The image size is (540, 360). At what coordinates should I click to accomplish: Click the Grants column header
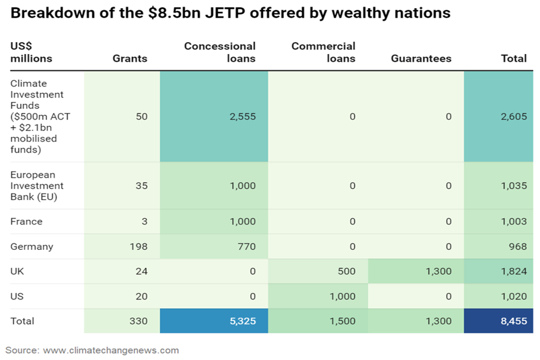tap(130, 58)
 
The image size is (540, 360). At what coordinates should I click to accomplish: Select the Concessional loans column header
tap(220, 52)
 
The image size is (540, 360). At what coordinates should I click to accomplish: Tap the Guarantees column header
tap(421, 58)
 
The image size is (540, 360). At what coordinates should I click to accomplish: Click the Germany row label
tap(32, 247)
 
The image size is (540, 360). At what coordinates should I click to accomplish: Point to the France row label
tap(26, 221)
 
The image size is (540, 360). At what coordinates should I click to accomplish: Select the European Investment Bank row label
tap(37, 186)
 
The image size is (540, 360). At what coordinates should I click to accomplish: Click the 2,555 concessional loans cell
tap(244, 116)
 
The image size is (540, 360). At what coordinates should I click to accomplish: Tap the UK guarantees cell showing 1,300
tap(438, 271)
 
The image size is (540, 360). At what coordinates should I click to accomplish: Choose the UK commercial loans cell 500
tap(347, 271)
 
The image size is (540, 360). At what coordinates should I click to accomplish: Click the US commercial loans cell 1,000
tap(342, 296)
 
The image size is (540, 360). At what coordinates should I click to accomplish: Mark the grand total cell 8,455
tap(514, 321)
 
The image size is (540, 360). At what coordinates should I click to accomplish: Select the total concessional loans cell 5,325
tap(244, 321)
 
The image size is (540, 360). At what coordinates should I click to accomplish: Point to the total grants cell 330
tap(138, 321)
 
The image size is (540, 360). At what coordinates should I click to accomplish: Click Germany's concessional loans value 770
tap(246, 247)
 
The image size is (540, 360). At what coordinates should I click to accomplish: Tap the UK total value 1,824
tap(514, 271)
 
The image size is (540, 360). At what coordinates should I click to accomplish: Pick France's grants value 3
tap(144, 221)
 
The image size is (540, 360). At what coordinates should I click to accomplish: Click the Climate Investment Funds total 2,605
tap(514, 116)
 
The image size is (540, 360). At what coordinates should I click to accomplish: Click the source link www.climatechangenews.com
tap(111, 350)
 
